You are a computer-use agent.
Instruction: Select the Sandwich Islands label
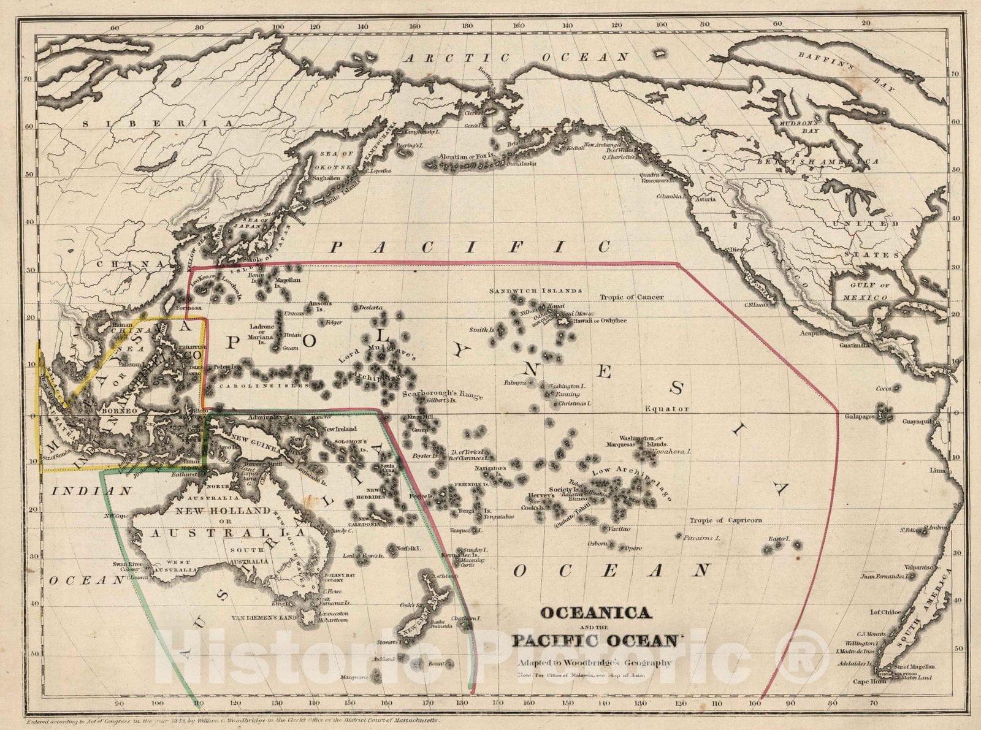[535, 291]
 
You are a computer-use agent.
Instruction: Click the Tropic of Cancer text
[632, 297]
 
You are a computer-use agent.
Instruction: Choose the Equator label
[667, 408]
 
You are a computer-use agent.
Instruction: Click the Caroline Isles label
[246, 387]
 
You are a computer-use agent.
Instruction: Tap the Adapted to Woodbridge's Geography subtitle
[594, 663]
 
